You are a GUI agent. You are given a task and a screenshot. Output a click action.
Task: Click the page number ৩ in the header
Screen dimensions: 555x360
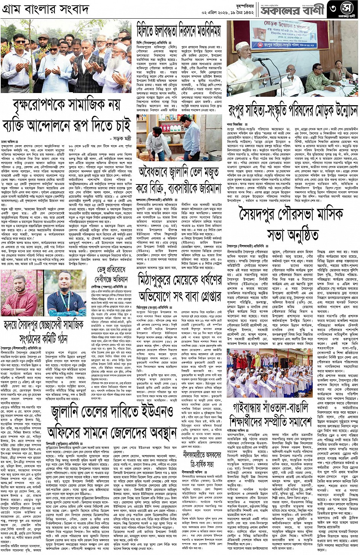(334, 9)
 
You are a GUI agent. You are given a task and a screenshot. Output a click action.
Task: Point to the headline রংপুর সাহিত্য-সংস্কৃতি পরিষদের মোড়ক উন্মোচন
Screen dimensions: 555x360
(293, 111)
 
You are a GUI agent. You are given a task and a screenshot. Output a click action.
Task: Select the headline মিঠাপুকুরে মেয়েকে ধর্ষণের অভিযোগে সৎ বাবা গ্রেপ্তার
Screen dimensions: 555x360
(179, 290)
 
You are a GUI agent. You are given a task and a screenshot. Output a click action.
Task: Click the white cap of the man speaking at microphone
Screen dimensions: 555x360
(240, 46)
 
